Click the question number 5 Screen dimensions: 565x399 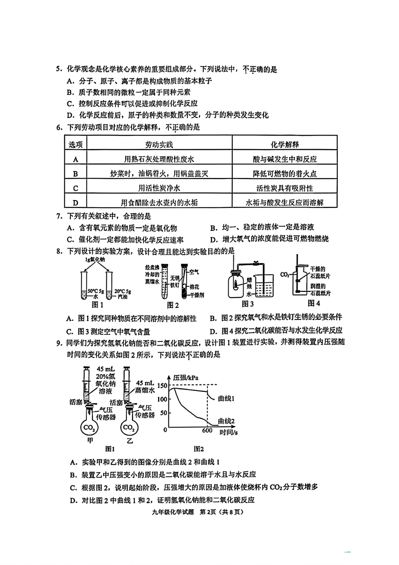coord(58,69)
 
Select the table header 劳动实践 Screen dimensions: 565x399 coord(159,144)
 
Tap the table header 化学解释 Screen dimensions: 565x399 coord(284,144)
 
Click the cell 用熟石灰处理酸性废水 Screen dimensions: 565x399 coord(159,159)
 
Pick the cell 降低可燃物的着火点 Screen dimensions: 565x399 coord(284,174)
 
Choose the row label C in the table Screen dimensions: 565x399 coord(75,188)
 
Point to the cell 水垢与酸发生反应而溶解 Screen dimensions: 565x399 coord(284,202)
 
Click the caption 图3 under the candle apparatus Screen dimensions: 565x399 coord(248,304)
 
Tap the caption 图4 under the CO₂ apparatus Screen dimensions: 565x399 coord(314,303)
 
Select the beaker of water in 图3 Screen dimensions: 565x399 coord(263,287)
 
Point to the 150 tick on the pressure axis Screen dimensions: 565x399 coord(162,385)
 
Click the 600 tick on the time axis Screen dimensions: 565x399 coord(207,430)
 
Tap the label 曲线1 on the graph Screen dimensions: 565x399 coord(226,398)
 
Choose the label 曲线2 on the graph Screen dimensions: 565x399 coord(226,421)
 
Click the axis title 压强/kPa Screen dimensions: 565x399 coord(185,377)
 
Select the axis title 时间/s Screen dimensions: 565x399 coord(229,432)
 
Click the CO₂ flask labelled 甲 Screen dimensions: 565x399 coord(89,428)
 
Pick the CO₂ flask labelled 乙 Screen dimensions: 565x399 coord(129,428)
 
